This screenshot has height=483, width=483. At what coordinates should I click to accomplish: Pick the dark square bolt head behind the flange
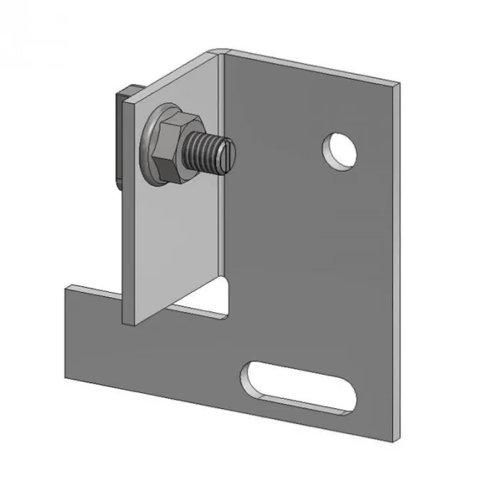[x=121, y=137]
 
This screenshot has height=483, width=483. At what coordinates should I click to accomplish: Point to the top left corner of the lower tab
[x=66, y=286]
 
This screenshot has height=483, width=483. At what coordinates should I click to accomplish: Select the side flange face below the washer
[x=169, y=245]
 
